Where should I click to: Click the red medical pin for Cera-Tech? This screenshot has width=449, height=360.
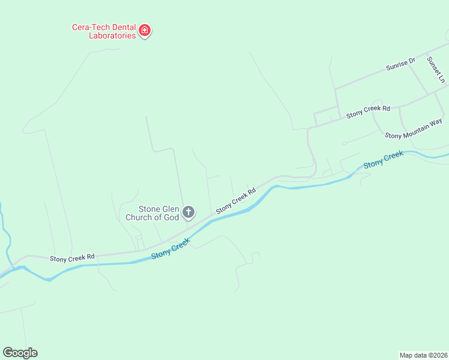point(144,30)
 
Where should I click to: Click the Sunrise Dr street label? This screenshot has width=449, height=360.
point(400,65)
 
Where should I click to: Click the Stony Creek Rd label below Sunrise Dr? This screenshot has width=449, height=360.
point(368,110)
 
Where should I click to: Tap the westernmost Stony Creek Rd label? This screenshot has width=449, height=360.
point(72,257)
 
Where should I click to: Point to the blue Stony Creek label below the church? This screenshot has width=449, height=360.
point(170,248)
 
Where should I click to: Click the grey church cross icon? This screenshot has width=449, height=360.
point(188,212)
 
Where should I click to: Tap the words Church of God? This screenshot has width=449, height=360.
point(151,217)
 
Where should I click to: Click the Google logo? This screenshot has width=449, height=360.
point(20,353)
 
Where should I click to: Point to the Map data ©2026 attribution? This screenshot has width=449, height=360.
point(423,355)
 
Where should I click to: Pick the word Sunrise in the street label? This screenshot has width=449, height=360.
point(396,66)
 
